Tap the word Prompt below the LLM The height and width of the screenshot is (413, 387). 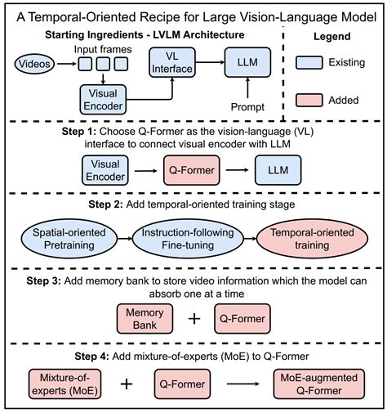pyautogui.click(x=248, y=106)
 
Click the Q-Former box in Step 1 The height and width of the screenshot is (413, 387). pyautogui.click(x=193, y=169)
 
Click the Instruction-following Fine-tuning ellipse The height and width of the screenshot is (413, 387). pyautogui.click(x=189, y=239)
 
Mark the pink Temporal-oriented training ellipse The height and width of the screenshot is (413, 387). pyautogui.click(x=301, y=239)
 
